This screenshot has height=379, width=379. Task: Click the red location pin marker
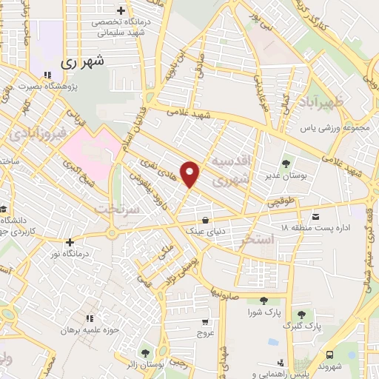point(191,173)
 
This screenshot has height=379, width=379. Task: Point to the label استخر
point(278,239)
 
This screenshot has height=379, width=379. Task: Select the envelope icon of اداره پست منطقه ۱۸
point(316,217)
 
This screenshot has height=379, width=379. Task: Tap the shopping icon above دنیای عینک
point(205,220)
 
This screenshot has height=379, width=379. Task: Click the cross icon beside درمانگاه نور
point(70,241)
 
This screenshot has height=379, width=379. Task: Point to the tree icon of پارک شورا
point(264,300)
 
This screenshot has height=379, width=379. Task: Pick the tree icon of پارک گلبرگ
point(301,314)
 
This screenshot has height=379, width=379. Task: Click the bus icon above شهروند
point(329,354)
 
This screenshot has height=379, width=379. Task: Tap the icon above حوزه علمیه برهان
point(91,318)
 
